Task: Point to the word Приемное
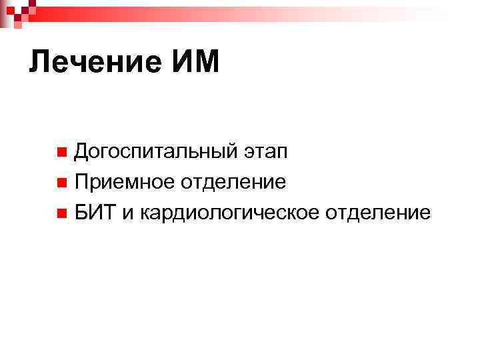coord(126,182)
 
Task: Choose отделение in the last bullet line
coord(378,213)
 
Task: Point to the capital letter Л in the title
coord(39,63)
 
